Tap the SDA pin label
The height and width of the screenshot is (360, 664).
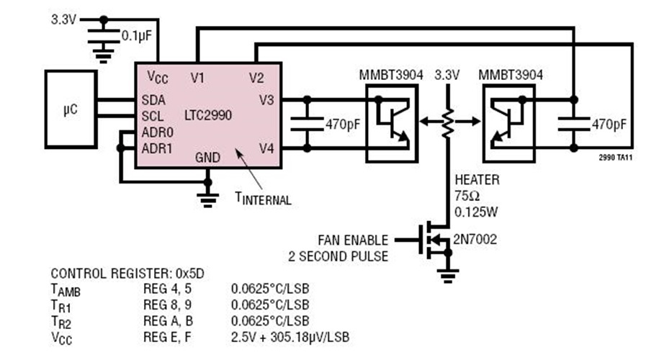click(x=153, y=100)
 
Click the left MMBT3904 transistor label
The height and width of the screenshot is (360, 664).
click(x=389, y=75)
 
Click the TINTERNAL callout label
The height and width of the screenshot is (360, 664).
click(x=264, y=199)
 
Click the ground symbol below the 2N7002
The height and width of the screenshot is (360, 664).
click(x=448, y=274)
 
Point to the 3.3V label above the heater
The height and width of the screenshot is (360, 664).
click(x=448, y=75)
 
